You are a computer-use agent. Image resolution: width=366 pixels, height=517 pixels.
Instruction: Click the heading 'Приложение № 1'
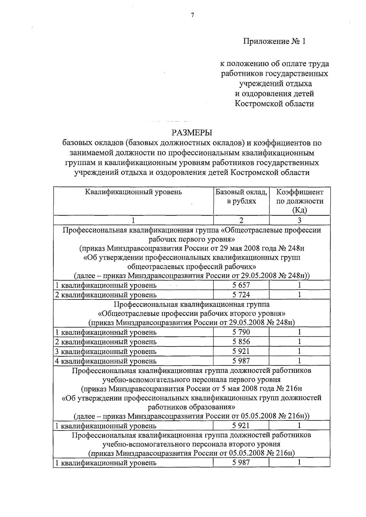(x=274, y=41)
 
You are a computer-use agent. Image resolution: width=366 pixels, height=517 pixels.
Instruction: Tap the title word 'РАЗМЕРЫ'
(x=192, y=133)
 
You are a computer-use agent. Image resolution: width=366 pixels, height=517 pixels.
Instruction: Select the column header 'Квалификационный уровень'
(x=133, y=192)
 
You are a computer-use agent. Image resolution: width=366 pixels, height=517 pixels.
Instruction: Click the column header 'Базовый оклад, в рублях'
(x=241, y=196)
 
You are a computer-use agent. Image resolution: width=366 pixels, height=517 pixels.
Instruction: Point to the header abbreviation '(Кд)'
(x=300, y=210)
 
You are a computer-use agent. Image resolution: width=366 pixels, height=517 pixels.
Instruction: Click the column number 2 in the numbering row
(x=241, y=220)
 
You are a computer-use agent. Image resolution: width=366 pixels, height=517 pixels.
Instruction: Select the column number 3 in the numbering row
(x=300, y=220)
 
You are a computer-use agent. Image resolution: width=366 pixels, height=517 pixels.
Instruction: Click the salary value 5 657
(x=241, y=285)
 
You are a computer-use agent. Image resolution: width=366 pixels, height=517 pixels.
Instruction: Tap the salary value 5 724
(x=241, y=295)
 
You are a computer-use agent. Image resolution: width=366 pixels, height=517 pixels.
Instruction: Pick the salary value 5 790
(x=241, y=332)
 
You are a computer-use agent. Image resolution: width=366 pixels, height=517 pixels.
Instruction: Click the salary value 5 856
(x=241, y=342)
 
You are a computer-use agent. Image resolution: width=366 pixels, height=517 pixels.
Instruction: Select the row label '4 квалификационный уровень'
(x=106, y=361)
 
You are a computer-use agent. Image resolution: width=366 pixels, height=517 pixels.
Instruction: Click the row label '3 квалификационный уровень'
(x=106, y=351)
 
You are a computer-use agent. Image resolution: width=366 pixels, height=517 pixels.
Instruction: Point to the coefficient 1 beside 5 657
(x=300, y=285)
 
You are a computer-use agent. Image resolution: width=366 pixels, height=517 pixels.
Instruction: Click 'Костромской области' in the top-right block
(x=274, y=104)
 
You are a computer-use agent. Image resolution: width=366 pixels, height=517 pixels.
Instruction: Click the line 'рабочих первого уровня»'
(x=192, y=239)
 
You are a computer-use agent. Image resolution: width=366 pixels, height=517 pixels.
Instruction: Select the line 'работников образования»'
(x=192, y=407)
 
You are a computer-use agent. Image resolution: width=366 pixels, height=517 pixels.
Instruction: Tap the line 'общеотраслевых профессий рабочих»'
(x=192, y=266)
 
